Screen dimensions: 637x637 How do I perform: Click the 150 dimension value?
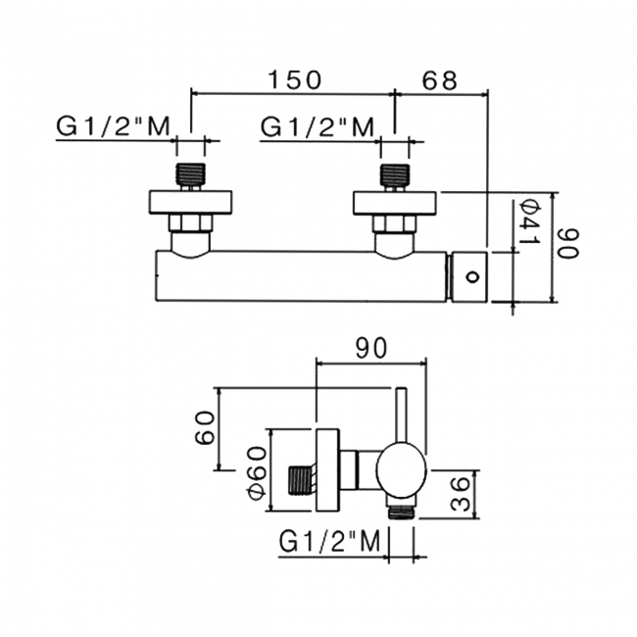click(294, 79)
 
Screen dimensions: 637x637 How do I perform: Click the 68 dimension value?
click(440, 80)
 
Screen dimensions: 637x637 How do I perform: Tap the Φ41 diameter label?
click(530, 221)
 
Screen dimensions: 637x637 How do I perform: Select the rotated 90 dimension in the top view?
click(568, 243)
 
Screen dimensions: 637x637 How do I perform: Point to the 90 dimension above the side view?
click(371, 349)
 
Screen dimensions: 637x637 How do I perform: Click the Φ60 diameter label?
click(257, 473)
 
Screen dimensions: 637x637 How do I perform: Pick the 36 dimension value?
click(461, 494)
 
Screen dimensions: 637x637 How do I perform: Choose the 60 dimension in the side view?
click(205, 428)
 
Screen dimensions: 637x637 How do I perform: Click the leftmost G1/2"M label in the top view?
click(113, 126)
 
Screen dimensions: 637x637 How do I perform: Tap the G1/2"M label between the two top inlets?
click(317, 126)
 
